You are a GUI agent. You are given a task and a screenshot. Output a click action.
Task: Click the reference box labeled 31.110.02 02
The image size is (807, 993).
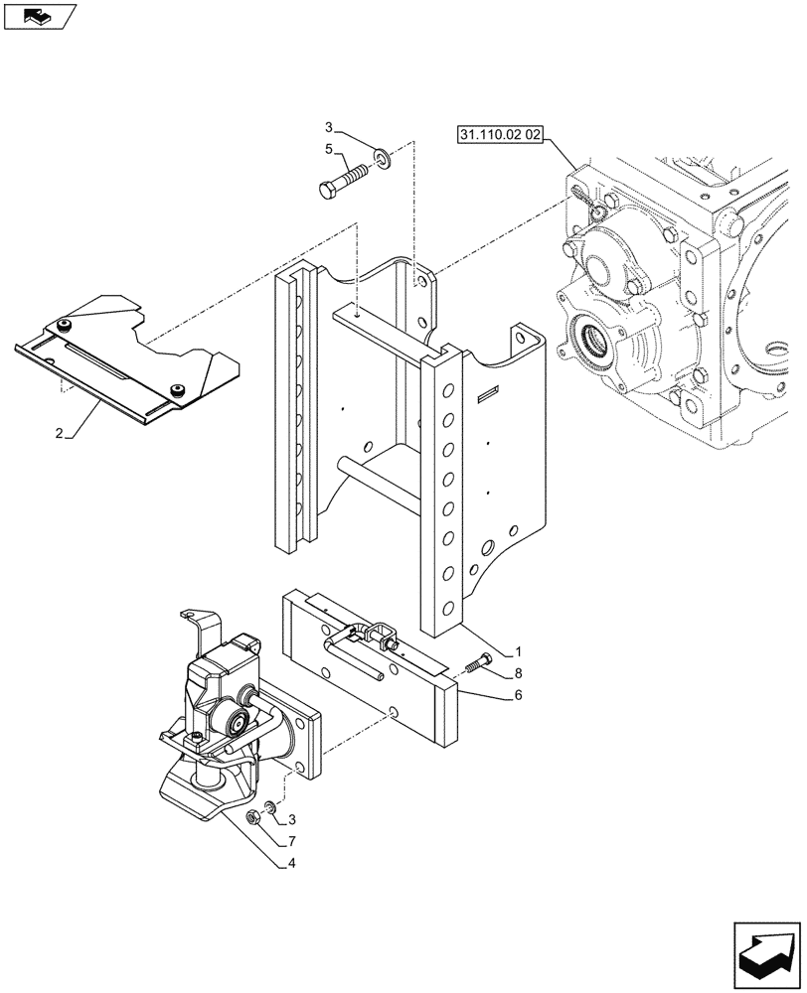(x=499, y=136)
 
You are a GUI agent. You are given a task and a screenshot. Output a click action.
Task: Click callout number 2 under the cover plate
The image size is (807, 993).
(x=59, y=435)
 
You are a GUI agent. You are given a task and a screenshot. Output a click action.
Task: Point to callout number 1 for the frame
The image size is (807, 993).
(x=518, y=653)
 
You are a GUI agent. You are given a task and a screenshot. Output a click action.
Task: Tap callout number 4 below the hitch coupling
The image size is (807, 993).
(x=292, y=863)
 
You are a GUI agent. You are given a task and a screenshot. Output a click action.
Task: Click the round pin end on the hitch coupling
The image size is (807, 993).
(x=239, y=722)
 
